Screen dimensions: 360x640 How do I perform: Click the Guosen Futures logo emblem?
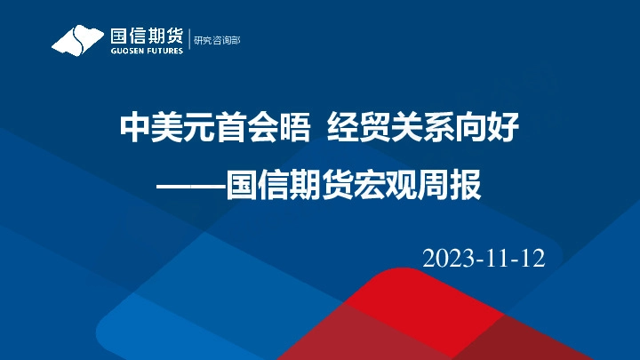pyautogui.click(x=78, y=41)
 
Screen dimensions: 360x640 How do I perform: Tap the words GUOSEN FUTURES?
pyautogui.click(x=147, y=52)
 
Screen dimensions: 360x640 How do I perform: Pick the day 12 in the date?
pyautogui.click(x=531, y=259)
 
